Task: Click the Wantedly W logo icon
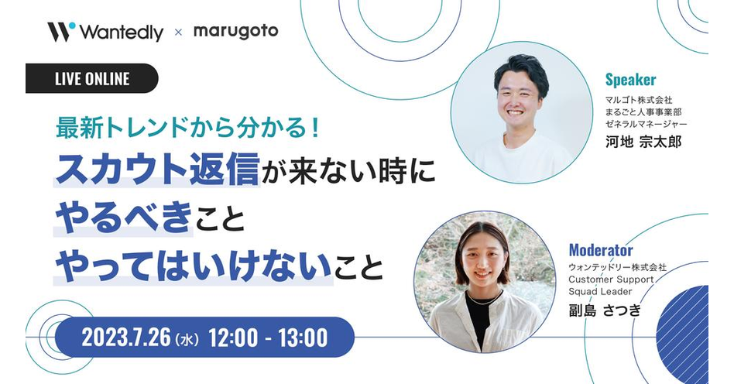(x=61, y=32)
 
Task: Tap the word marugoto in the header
(x=236, y=32)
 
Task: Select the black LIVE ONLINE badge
(x=91, y=78)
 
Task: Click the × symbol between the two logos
(x=178, y=33)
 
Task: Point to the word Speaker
(x=630, y=80)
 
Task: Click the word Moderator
(x=601, y=249)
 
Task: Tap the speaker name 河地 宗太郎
(x=643, y=142)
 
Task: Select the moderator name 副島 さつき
(x=605, y=310)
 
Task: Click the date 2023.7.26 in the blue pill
(x=126, y=338)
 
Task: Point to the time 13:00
(x=303, y=338)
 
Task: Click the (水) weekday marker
(x=187, y=338)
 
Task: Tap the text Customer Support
(x=611, y=279)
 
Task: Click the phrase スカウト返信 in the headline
(x=157, y=170)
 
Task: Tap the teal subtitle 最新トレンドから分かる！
(x=187, y=128)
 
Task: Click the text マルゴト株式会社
(x=639, y=100)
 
